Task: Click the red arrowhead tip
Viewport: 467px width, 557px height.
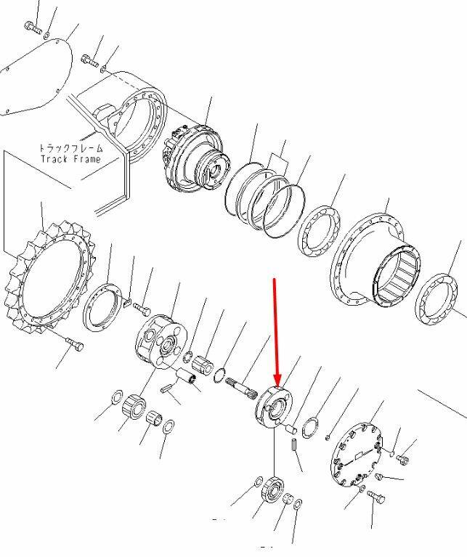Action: [277, 386]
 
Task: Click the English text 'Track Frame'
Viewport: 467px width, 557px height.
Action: [71, 158]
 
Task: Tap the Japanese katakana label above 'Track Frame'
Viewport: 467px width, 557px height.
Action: [71, 147]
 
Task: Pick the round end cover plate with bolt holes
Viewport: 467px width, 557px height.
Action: [357, 454]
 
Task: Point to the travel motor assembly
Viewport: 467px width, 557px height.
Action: [196, 158]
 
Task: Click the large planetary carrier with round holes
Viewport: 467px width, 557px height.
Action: [161, 342]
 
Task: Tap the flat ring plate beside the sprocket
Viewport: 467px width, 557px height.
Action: [101, 307]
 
